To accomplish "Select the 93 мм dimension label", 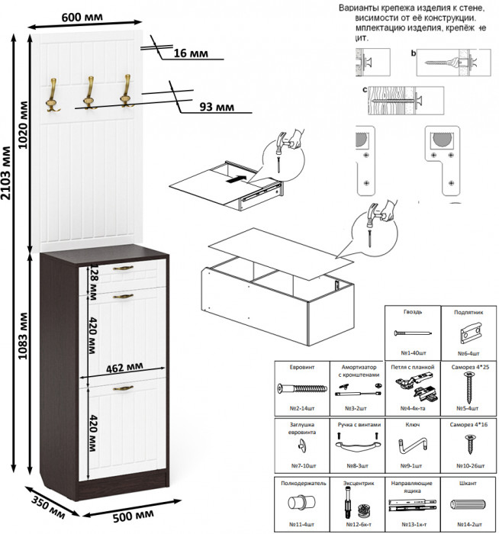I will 217,107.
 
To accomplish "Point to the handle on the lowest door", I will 123,388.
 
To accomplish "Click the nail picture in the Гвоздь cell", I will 412,334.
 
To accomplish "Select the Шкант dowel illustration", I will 470,504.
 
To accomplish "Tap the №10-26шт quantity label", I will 469,465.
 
